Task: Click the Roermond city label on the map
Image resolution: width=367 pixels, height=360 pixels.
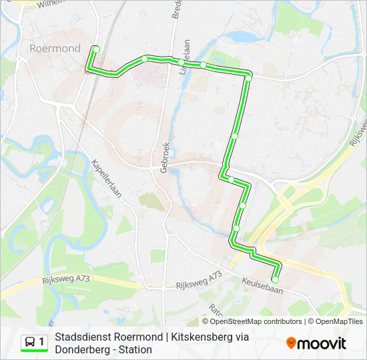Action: [x=55, y=48]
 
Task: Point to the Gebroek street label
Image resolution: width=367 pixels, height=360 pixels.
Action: [x=165, y=157]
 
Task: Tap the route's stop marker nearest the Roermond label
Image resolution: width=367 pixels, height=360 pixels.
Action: [x=96, y=49]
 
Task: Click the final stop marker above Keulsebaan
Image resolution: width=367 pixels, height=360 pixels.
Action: [x=274, y=280]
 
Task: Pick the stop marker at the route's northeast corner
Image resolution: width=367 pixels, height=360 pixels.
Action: [x=248, y=78]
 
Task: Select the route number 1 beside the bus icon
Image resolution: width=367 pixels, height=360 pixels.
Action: [x=42, y=342]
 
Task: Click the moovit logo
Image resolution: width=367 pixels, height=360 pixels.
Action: [x=316, y=343]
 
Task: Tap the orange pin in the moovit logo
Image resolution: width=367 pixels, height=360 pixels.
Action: [x=292, y=343]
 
